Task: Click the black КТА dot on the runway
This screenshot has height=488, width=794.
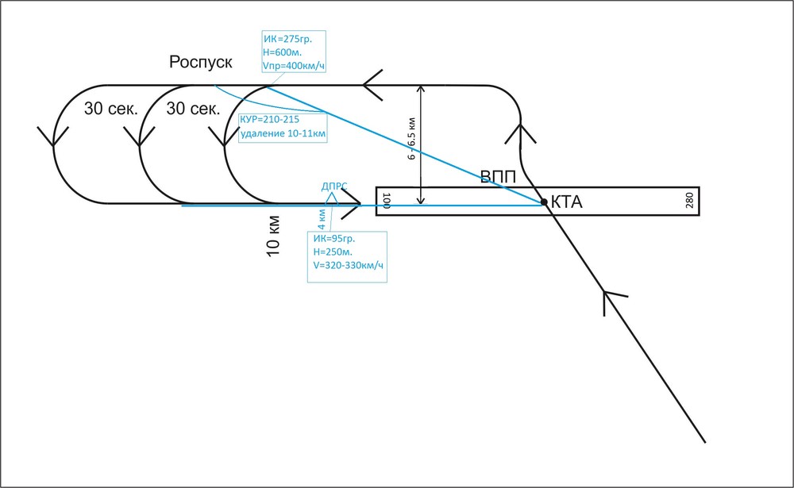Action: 544,202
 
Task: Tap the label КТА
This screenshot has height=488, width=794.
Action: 567,203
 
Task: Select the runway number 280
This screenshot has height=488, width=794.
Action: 689,200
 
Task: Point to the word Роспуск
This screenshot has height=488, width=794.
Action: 201,63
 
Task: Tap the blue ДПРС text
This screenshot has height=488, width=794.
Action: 334,186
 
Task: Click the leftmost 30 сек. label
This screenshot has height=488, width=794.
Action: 111,110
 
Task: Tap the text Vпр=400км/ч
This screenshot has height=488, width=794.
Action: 294,64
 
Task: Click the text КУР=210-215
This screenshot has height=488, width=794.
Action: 270,120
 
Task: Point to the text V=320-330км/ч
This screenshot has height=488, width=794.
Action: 348,265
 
